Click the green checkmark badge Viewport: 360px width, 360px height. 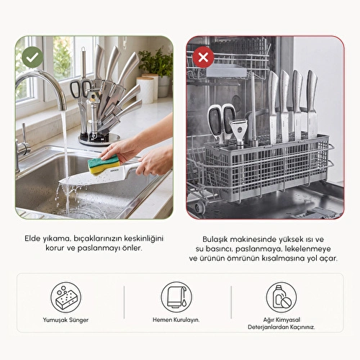pos(32,57)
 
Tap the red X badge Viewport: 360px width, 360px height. pos(203,57)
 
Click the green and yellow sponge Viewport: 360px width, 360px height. pos(104,164)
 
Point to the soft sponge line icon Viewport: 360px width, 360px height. pos(66,297)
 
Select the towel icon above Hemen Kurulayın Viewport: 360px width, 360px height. pos(176,297)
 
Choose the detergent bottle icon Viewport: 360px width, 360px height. pos(282,297)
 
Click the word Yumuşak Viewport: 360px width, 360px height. pos(55,320)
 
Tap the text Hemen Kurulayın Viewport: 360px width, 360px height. pos(176,320)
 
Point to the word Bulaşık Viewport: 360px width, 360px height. pos(215,239)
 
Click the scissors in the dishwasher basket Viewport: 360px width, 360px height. pos(221,124)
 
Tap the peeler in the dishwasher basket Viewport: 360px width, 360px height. pos(238,134)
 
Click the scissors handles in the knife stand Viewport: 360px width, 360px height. pos(81,89)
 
